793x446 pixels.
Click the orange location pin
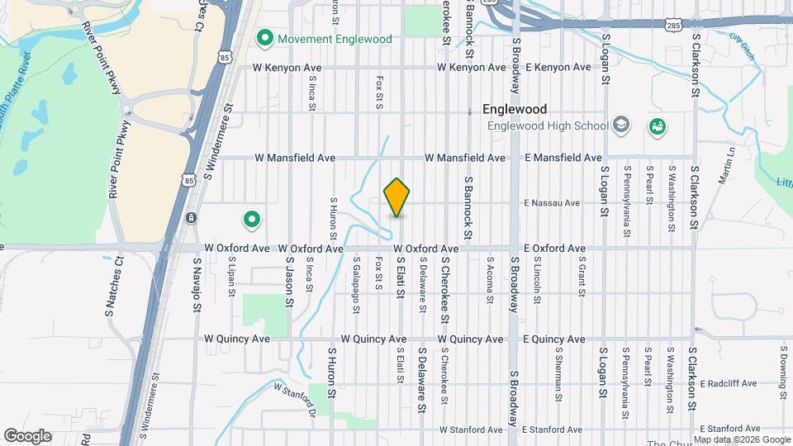click(x=397, y=197)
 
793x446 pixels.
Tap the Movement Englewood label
click(x=323, y=38)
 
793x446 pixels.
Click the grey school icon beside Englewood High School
click(x=620, y=126)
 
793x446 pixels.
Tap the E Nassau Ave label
click(x=550, y=202)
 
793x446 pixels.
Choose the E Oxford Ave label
click(x=554, y=248)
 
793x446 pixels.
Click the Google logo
click(x=27, y=435)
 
